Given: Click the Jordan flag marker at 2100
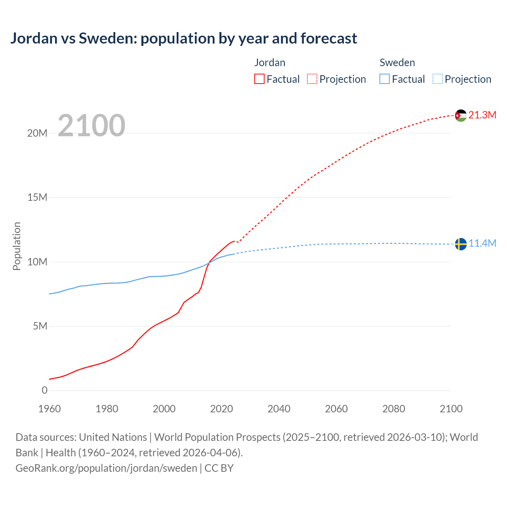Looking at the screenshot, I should (x=461, y=116).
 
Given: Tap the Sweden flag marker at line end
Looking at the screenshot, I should (x=461, y=244).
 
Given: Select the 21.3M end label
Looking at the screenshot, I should (x=482, y=115).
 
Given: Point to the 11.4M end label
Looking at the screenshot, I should (x=482, y=243).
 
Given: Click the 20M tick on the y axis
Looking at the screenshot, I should (x=37, y=133).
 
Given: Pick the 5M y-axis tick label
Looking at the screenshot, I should (x=40, y=326).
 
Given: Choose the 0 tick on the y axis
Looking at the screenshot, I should (x=44, y=390).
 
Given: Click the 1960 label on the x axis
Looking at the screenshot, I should (x=50, y=409).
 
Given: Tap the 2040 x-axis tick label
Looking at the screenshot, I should (x=279, y=409).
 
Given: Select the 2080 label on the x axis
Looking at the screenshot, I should (x=394, y=409).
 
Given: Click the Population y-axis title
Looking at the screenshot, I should (x=17, y=246).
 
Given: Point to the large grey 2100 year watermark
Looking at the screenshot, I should (x=91, y=126).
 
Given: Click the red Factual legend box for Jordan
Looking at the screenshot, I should (x=259, y=79).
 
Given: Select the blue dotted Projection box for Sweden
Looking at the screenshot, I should (x=438, y=79).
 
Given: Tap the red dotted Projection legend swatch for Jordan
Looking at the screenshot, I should (x=312, y=79).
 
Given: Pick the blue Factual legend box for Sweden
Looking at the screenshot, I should (x=385, y=79).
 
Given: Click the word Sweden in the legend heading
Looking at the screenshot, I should (x=397, y=63).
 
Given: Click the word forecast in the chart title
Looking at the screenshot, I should (x=329, y=38).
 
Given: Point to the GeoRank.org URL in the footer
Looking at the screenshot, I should (x=106, y=468).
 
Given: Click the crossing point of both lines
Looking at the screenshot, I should (x=208, y=263).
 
